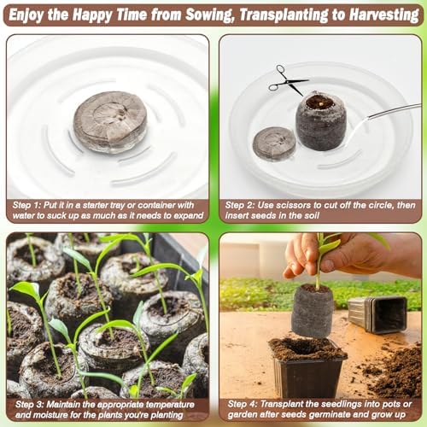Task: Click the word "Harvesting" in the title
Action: pos(384,15)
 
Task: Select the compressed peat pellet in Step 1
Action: pos(110,122)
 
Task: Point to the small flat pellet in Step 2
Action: pos(274,143)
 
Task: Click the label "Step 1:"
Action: pos(26,205)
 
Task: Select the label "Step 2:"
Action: pos(239,205)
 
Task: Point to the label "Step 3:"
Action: pos(29,404)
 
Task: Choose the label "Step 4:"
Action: pos(242,404)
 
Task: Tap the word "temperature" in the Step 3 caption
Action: pos(170,405)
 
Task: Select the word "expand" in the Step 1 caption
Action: pos(189,216)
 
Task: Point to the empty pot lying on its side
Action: pos(378,314)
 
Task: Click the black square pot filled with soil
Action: pos(307,367)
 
